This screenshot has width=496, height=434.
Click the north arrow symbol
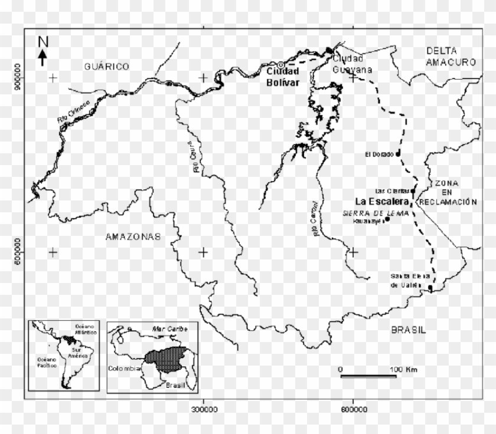click(x=43, y=53)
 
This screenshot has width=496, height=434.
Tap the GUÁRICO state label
click(x=106, y=67)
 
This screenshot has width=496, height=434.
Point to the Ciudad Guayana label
click(x=353, y=64)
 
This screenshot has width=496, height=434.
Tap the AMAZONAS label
click(x=133, y=237)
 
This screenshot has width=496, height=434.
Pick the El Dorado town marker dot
click(x=398, y=153)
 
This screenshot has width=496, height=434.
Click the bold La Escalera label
click(x=383, y=200)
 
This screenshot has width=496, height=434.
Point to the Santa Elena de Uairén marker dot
click(x=430, y=288)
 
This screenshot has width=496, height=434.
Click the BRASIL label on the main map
click(x=408, y=330)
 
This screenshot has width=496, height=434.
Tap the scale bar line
click(x=368, y=376)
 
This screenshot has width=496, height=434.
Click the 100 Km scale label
click(x=404, y=369)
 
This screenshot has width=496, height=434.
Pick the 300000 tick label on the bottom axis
click(x=203, y=409)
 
